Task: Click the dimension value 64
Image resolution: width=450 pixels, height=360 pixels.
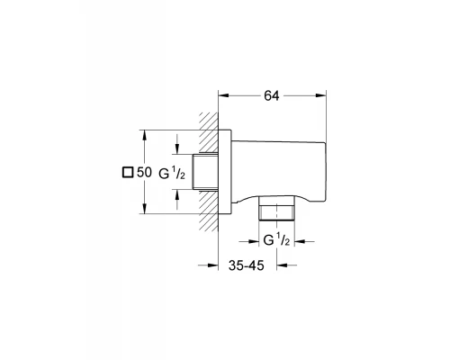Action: [x=272, y=95]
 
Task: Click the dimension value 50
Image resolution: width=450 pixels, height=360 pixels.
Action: [x=144, y=173]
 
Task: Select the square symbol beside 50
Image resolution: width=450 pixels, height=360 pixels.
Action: [x=128, y=173]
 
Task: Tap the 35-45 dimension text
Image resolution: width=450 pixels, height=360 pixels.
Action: [x=247, y=265]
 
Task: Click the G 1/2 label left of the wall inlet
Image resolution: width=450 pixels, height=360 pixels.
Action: [x=172, y=174]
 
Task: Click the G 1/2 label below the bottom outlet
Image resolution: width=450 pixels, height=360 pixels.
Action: [x=276, y=240]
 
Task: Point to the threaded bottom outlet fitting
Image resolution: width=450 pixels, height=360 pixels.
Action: [x=276, y=209]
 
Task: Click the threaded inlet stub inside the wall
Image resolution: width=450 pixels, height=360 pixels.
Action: [x=205, y=172]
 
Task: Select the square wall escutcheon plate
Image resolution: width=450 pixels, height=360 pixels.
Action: [x=225, y=172]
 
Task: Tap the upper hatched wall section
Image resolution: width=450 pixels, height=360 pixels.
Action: [x=209, y=132]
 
